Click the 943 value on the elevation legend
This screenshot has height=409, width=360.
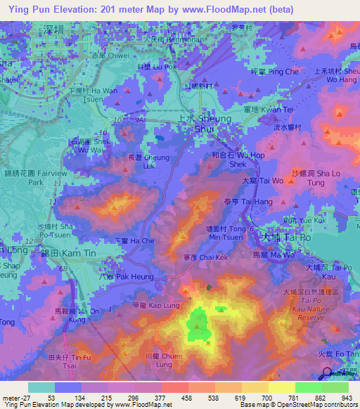click(347, 397)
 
